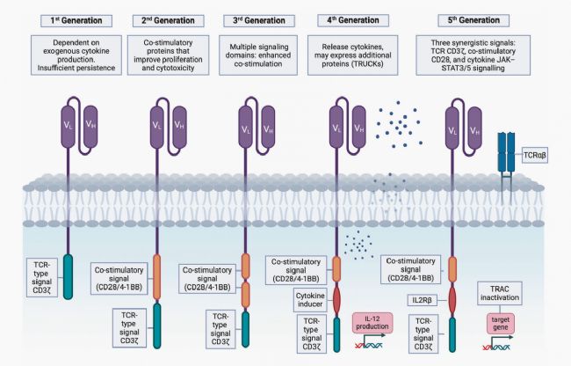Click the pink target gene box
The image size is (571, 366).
(497, 324)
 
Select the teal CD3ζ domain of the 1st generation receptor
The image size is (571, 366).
(68, 282)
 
